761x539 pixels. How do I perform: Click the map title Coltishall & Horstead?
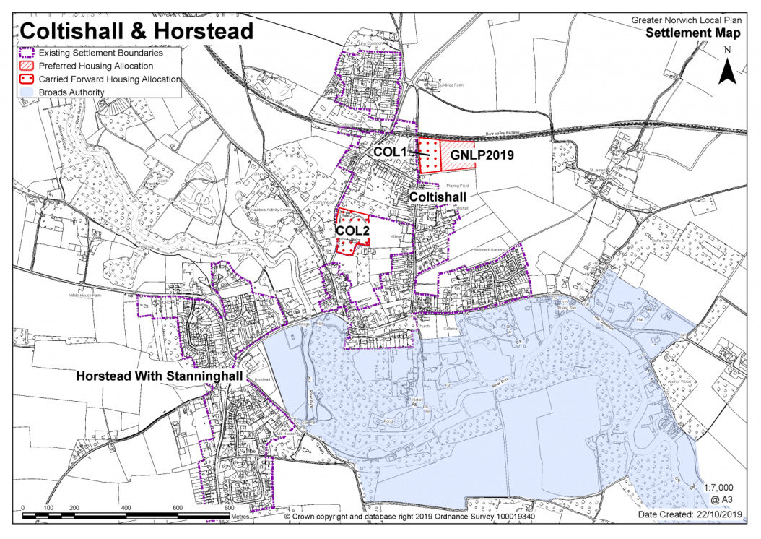click(x=136, y=31)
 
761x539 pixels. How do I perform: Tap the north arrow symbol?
click(x=728, y=66)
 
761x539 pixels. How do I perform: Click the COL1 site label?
click(x=391, y=153)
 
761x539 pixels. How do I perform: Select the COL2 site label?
click(x=354, y=230)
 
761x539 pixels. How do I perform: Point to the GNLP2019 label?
click(x=482, y=154)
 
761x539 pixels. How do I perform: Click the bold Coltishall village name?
click(x=442, y=197)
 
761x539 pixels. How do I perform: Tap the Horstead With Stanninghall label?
click(x=162, y=377)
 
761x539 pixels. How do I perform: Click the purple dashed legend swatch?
click(x=27, y=53)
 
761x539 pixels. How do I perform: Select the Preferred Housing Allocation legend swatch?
click(x=27, y=66)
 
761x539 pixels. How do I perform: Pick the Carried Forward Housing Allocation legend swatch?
click(x=27, y=79)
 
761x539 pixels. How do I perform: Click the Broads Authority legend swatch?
click(x=27, y=92)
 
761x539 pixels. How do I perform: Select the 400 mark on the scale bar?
click(x=126, y=508)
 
